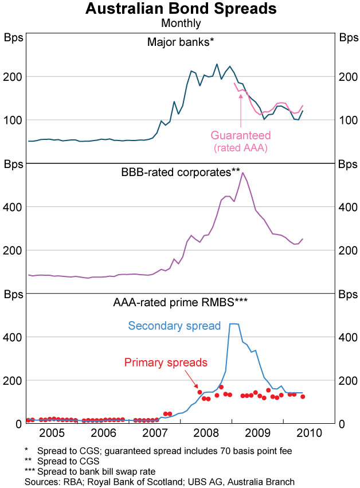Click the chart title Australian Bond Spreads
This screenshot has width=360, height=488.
(x=181, y=10)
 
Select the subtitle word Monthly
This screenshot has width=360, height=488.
(x=181, y=24)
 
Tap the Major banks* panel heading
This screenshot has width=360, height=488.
(x=180, y=42)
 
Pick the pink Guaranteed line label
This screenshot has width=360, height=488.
(x=241, y=135)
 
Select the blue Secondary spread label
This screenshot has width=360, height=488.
(x=174, y=326)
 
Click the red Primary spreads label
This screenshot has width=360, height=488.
(x=166, y=362)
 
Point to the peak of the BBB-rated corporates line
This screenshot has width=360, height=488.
(x=242, y=173)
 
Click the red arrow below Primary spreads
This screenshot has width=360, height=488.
(x=195, y=388)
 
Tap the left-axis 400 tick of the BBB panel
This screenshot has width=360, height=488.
(x=14, y=206)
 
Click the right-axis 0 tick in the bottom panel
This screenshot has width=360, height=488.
(x=342, y=424)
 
